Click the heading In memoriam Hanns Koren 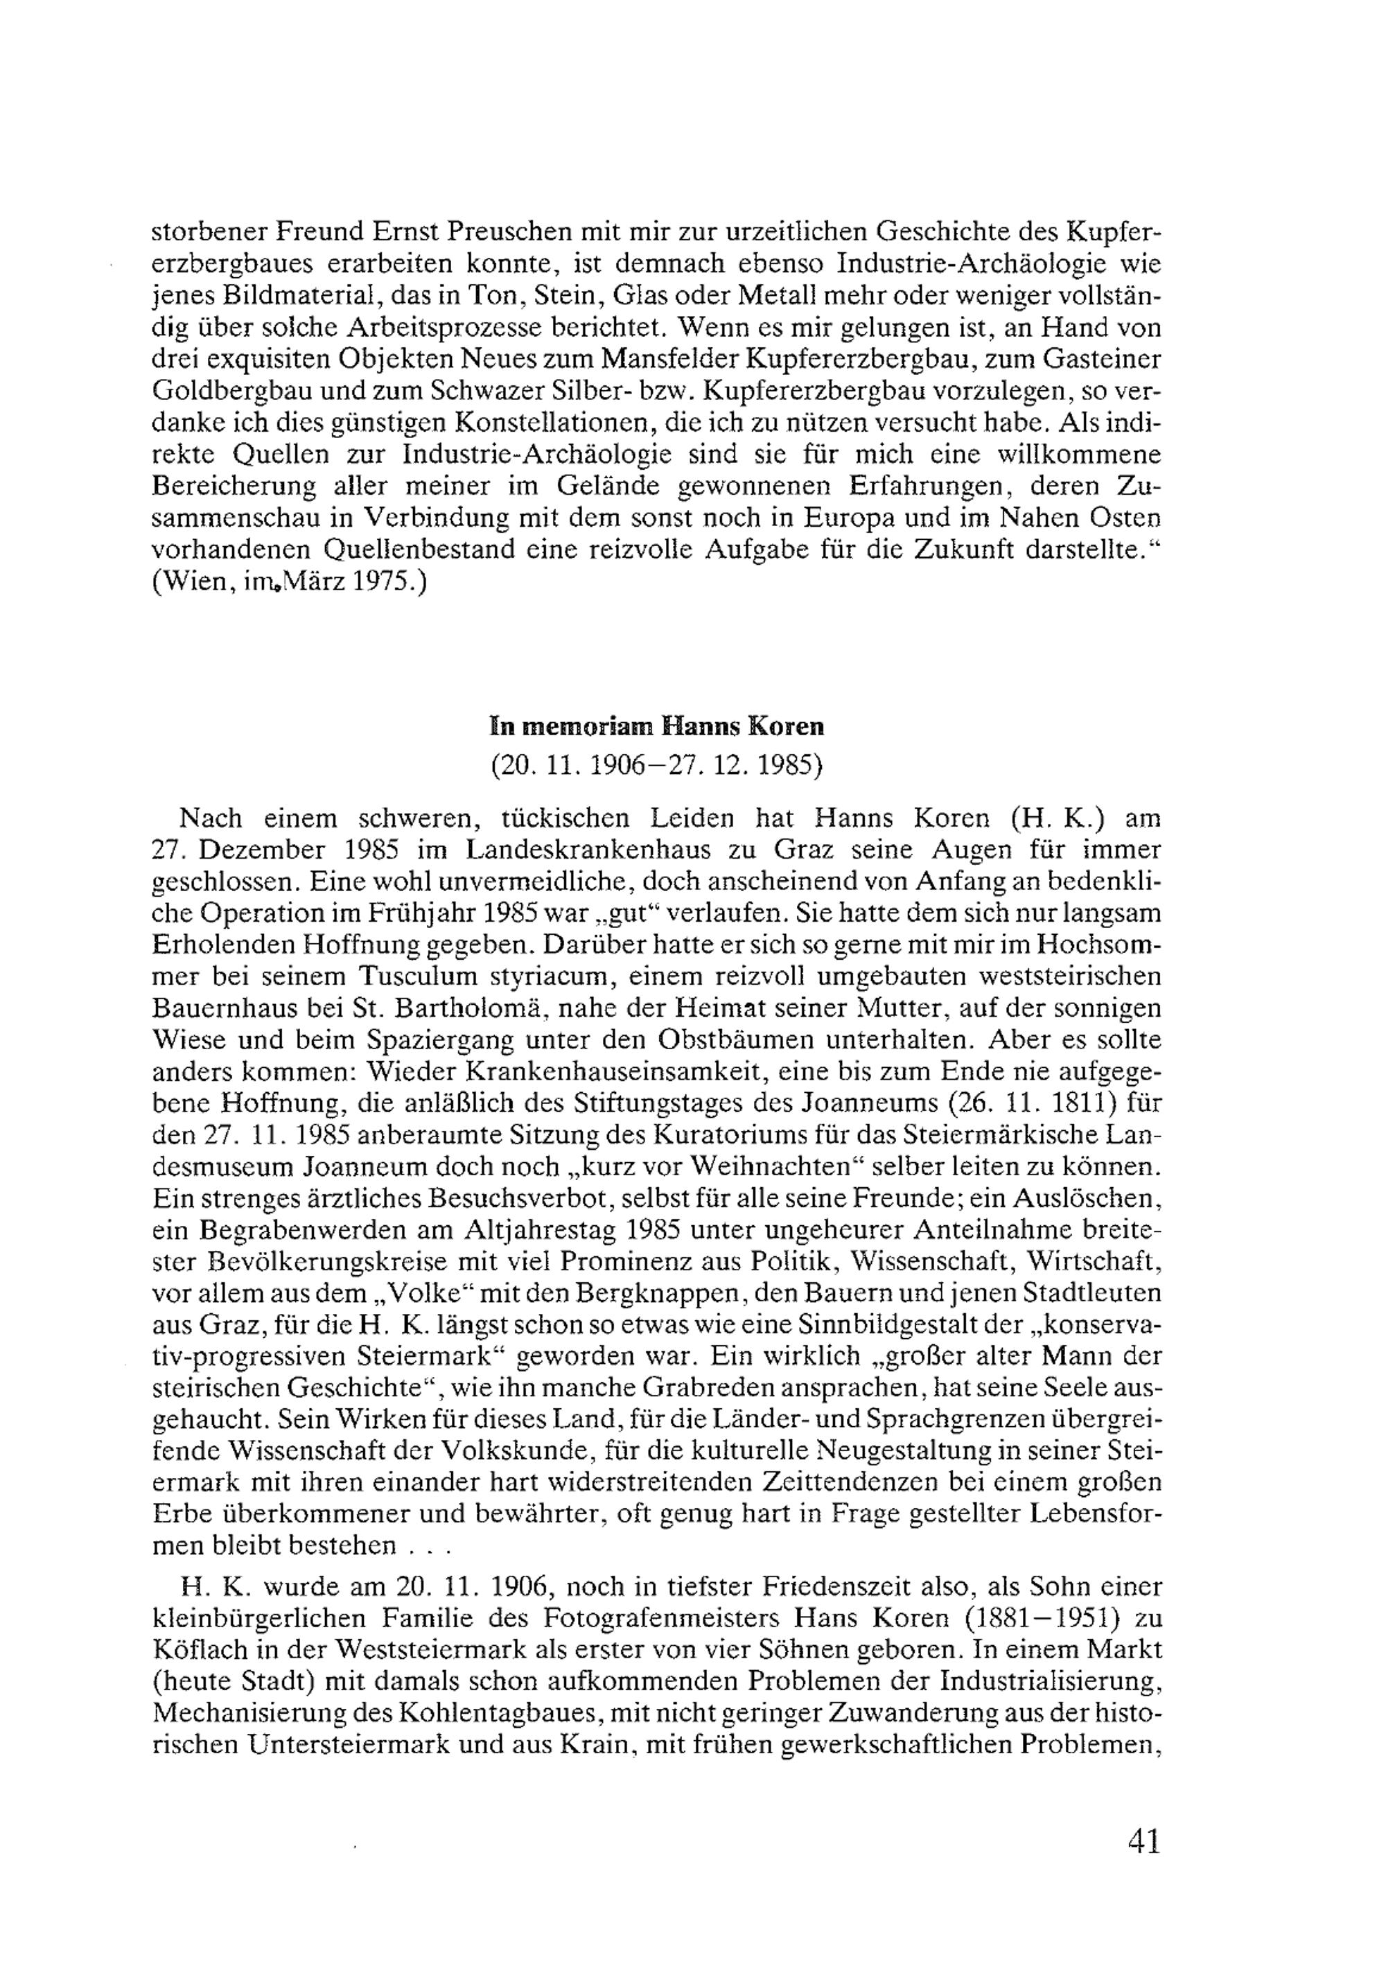tap(656, 726)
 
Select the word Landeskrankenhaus tap(593, 850)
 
